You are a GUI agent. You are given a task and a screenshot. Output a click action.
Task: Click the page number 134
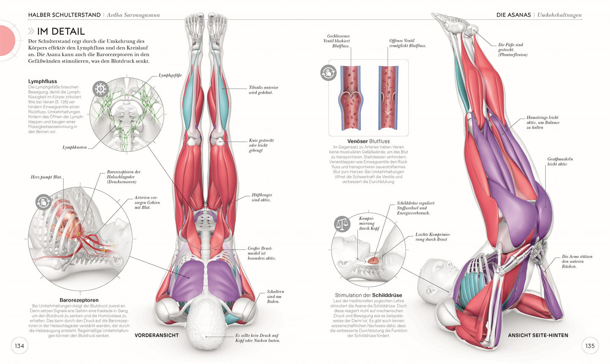(19, 346)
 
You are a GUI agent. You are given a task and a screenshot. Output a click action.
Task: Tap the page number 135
(590, 346)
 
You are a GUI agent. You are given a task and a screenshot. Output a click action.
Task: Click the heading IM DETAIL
(61, 31)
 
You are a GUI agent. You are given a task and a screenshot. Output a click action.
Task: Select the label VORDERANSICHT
(157, 335)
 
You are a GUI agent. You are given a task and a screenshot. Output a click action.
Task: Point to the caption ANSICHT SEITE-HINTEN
(538, 335)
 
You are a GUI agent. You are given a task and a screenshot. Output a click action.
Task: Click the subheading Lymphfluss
(43, 81)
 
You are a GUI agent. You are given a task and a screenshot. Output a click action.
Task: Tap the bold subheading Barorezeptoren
(79, 300)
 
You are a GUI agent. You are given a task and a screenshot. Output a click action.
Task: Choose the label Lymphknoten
(75, 148)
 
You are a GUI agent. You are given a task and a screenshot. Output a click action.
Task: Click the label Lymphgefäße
(170, 75)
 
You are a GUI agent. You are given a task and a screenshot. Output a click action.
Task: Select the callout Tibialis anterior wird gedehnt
(263, 90)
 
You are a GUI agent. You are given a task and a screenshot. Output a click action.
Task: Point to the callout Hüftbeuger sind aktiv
(262, 197)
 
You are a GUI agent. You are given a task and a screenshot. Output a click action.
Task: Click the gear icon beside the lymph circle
(100, 89)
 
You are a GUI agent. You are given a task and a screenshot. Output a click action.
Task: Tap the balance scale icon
(342, 224)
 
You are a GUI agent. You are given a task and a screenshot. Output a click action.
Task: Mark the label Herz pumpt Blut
(46, 177)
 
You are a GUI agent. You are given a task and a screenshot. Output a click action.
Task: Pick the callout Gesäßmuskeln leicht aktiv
(560, 162)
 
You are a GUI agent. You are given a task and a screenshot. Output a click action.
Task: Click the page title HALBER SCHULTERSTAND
(63, 15)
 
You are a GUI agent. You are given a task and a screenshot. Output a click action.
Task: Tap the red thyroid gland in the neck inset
(373, 261)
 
